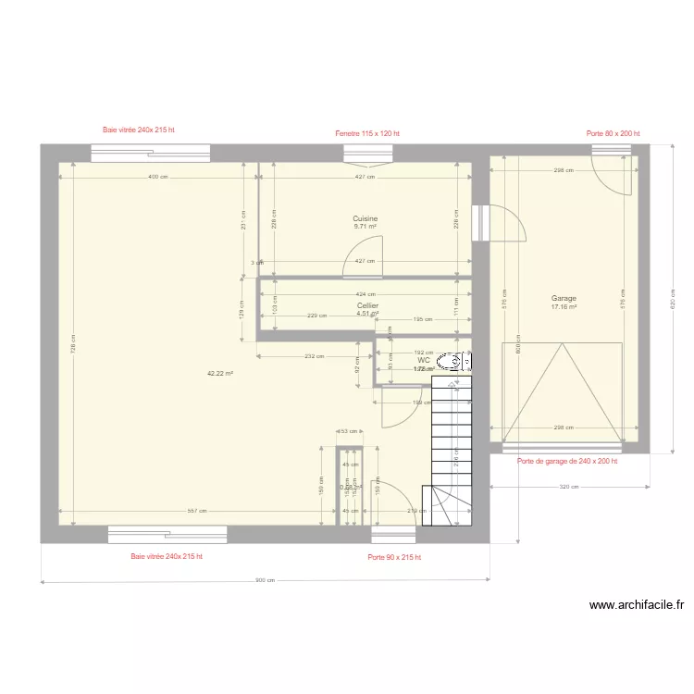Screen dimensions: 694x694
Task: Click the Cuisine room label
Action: point(365,219)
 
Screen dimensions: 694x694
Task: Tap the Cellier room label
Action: point(367,304)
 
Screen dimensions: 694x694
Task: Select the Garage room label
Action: point(564,298)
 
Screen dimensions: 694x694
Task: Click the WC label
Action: point(423,361)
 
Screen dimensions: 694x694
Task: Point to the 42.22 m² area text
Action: point(219,374)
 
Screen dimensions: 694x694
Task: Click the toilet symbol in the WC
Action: point(450,361)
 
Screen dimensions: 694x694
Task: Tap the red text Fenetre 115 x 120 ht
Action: point(367,133)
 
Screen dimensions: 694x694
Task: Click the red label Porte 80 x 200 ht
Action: point(613,133)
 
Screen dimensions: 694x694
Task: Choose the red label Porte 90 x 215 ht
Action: point(393,557)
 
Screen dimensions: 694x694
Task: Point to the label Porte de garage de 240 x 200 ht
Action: point(566,460)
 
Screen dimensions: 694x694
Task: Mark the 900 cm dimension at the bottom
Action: point(265,581)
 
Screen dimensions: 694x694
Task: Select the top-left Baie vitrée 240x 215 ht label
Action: point(139,130)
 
